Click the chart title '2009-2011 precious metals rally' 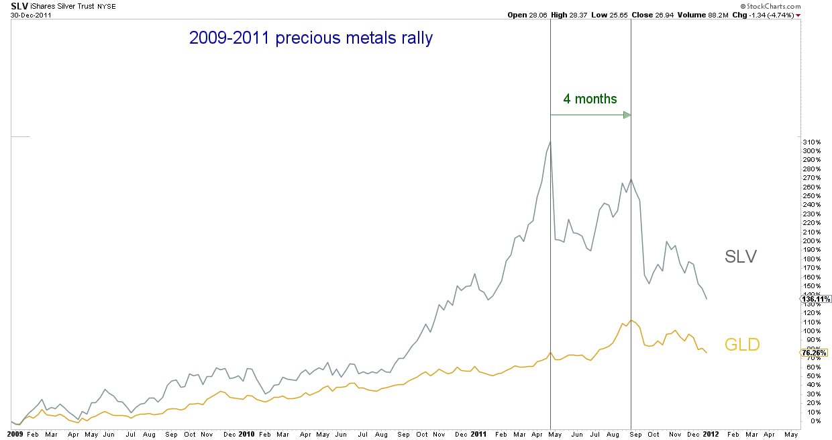[311, 38]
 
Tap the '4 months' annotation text [590, 99]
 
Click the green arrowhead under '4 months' [627, 115]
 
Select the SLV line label [741, 256]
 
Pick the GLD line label [742, 345]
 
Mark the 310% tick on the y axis [812, 142]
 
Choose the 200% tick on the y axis [812, 240]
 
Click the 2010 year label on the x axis [248, 435]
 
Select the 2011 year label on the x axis [478, 435]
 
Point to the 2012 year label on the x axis [710, 435]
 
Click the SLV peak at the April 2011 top [550, 142]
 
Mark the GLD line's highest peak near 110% [631, 320]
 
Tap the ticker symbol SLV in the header [19, 5]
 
